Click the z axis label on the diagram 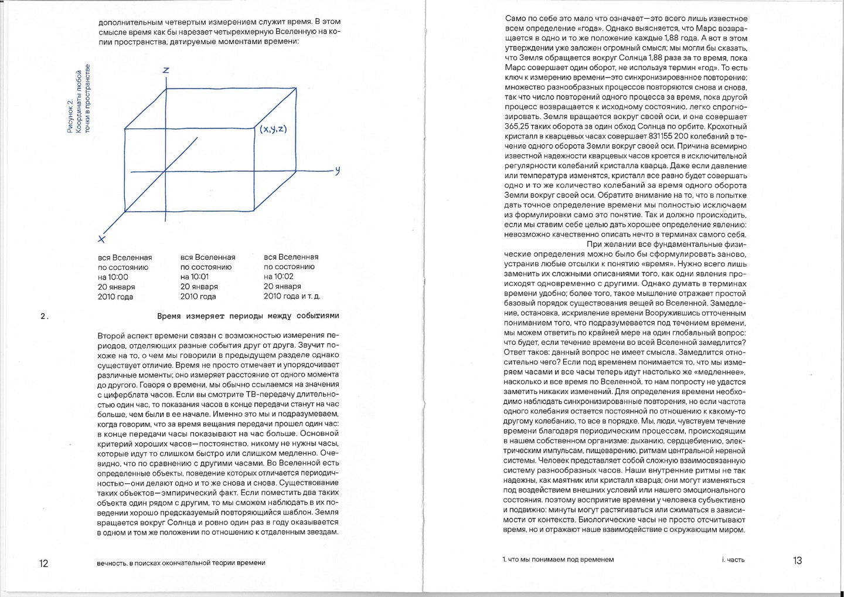point(166,70)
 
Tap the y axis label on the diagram point(337,171)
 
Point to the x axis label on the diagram point(102,239)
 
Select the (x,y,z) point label point(273,129)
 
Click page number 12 point(43,564)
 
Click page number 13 point(797,561)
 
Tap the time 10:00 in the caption point(118,277)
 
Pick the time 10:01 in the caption point(199,277)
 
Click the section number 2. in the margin point(44,317)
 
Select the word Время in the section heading point(169,316)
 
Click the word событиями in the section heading point(318,316)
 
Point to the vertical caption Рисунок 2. point(70,117)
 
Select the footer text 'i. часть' point(733,560)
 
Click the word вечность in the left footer point(112,563)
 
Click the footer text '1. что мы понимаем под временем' point(558,559)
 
